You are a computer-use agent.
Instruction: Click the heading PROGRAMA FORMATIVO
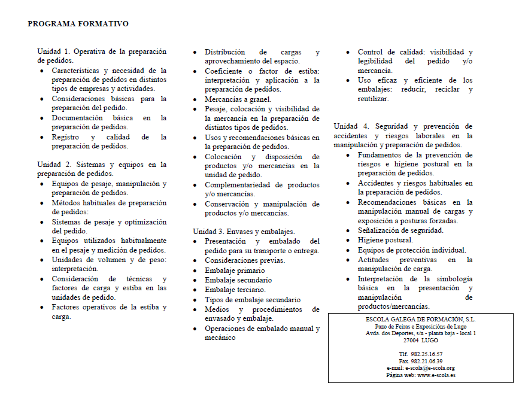[78, 24]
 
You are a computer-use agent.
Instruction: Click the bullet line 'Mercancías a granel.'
[238, 99]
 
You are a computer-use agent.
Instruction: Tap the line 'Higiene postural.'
[386, 240]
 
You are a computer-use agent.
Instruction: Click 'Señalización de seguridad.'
[400, 230]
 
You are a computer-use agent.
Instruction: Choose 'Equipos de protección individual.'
[412, 250]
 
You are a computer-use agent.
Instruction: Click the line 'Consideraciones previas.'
[245, 260]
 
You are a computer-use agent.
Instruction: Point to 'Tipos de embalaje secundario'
[253, 299]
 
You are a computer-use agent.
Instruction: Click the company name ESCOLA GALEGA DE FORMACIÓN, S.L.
[420, 320]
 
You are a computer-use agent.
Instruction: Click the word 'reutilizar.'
[374, 99]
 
